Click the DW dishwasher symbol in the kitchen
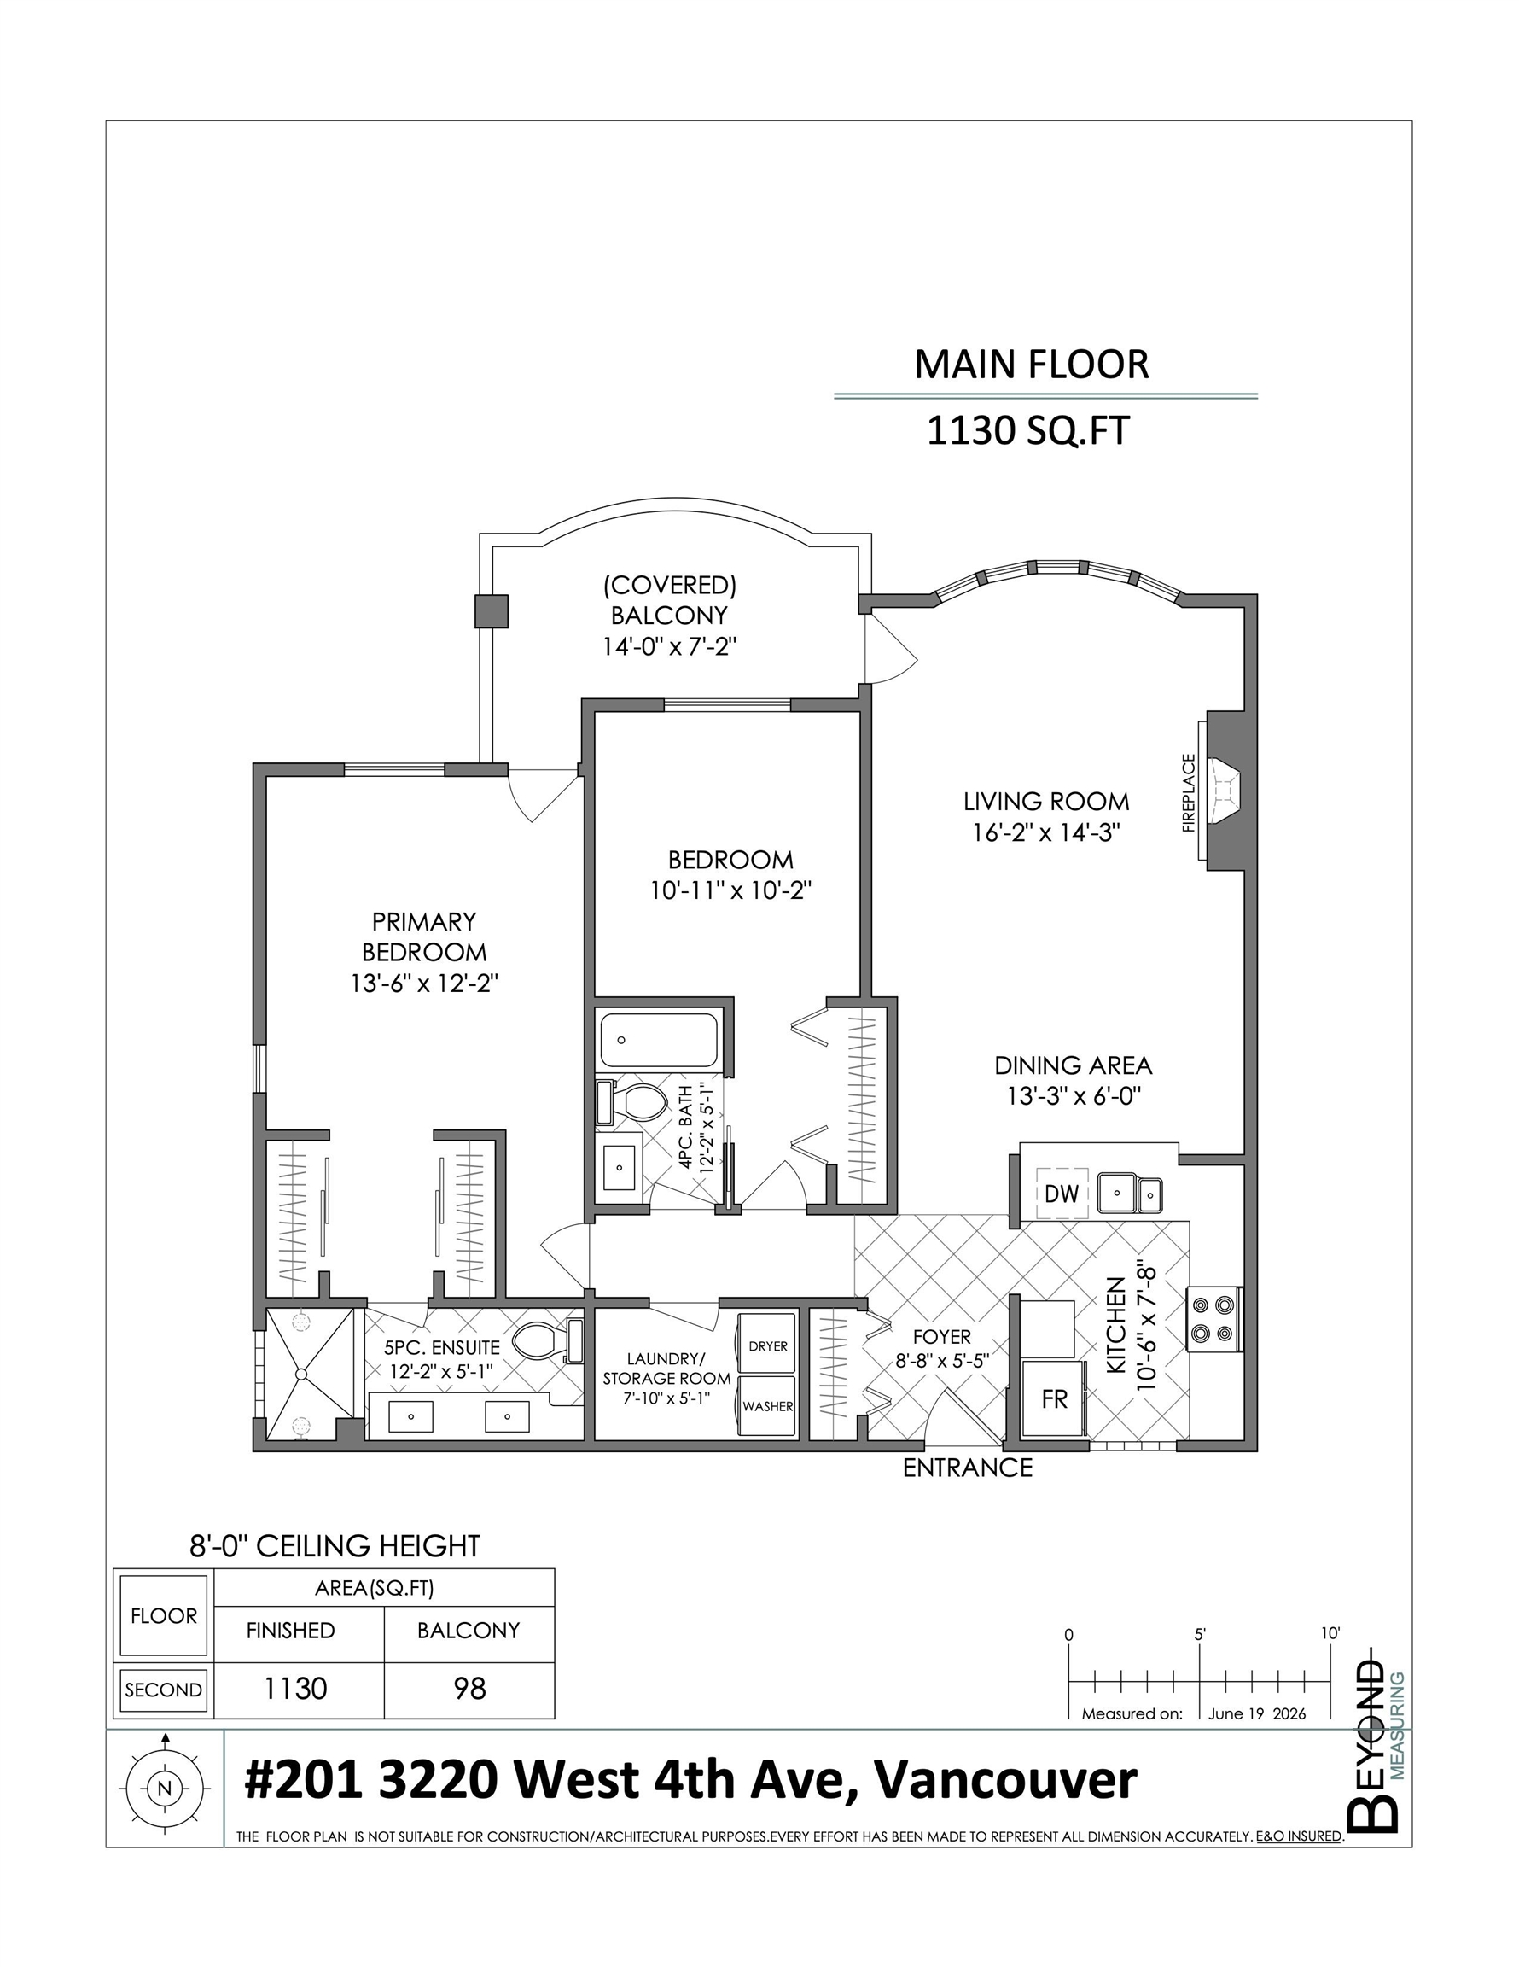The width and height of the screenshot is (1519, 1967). pyautogui.click(x=1062, y=1194)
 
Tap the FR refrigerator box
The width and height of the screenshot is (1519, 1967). pyautogui.click(x=1055, y=1398)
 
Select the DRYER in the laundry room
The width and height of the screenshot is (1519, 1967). pyautogui.click(x=767, y=1345)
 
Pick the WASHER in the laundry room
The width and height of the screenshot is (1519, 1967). pyautogui.click(x=767, y=1406)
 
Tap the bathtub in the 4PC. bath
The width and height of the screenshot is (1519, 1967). pyautogui.click(x=659, y=1040)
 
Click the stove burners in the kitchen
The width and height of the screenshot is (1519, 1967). pyautogui.click(x=1212, y=1317)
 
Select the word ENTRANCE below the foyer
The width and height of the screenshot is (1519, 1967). pyautogui.click(x=967, y=1468)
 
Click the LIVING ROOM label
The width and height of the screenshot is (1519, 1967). pyautogui.click(x=1045, y=801)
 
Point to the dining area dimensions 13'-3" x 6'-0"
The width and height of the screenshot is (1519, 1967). pyautogui.click(x=1074, y=1096)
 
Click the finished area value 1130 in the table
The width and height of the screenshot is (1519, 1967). pyautogui.click(x=294, y=1688)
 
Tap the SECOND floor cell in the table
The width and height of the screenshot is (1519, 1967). pyautogui.click(x=164, y=1690)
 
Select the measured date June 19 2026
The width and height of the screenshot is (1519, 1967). pyautogui.click(x=1257, y=1714)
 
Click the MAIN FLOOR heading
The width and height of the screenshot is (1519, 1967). pyautogui.click(x=1032, y=365)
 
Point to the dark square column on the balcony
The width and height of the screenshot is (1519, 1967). pyautogui.click(x=492, y=610)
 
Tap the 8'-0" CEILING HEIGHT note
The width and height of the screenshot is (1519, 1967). pyautogui.click(x=334, y=1545)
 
